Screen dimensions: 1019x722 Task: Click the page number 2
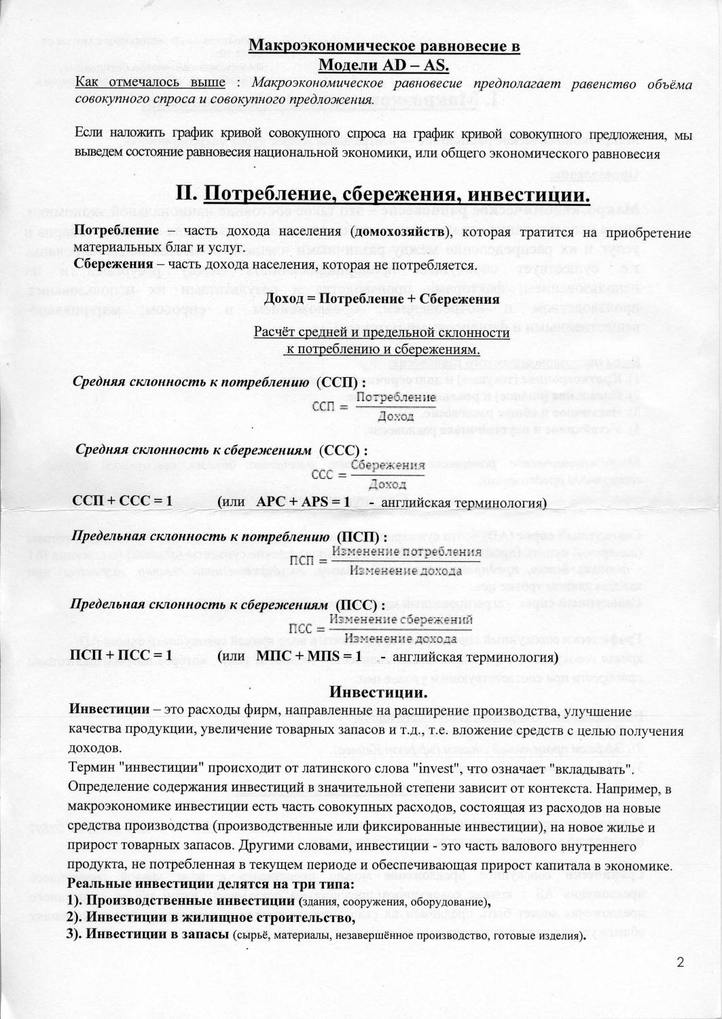pyautogui.click(x=681, y=963)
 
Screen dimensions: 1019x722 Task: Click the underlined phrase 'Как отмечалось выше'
pyautogui.click(x=150, y=83)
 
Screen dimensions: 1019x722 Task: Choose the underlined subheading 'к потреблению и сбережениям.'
pyautogui.click(x=382, y=349)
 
